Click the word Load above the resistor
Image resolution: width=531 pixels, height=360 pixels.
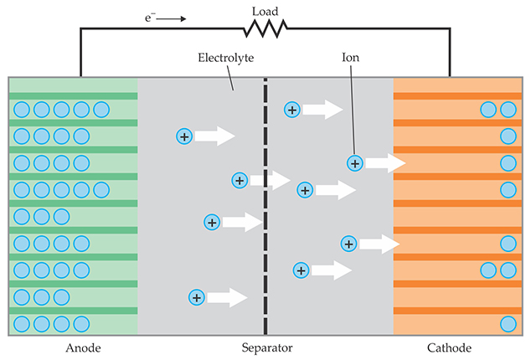coord(265,11)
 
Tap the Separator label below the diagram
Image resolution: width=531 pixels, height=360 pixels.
coord(265,347)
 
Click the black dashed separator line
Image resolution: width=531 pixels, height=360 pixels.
coord(265,209)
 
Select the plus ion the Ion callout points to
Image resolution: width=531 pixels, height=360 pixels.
coord(355,162)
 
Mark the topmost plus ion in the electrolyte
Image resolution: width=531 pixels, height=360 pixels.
coord(292,109)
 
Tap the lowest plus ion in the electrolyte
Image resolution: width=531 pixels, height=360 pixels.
coord(197,297)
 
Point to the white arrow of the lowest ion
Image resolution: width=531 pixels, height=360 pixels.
coord(226,297)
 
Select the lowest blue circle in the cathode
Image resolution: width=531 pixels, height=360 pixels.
coord(507,324)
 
